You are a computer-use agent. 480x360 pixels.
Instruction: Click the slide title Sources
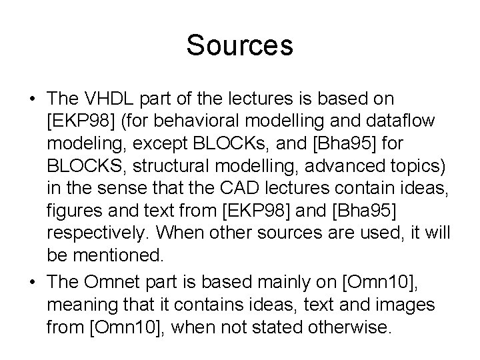click(x=239, y=45)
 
